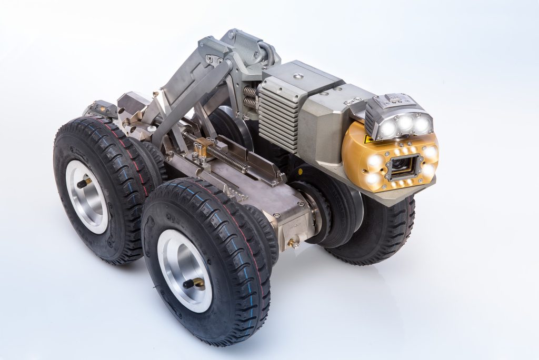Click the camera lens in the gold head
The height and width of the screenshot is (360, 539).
click(401, 166)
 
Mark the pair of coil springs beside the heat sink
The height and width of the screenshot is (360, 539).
click(250, 97)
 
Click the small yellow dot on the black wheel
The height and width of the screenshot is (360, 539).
click(300, 172)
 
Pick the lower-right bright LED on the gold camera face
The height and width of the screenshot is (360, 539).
click(427, 171)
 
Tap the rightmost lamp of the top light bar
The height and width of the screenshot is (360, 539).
click(422, 124)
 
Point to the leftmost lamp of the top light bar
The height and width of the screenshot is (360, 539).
click(388, 128)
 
